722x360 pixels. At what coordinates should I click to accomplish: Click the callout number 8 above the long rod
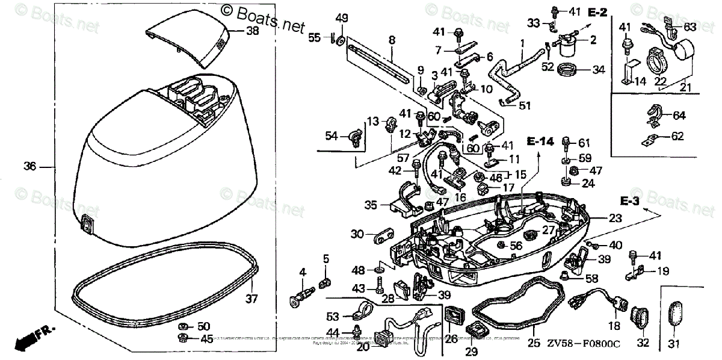pyautogui.click(x=392, y=40)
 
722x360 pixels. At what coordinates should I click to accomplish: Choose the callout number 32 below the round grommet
pyautogui.click(x=643, y=344)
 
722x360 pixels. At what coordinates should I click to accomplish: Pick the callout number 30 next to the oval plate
pyautogui.click(x=357, y=234)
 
